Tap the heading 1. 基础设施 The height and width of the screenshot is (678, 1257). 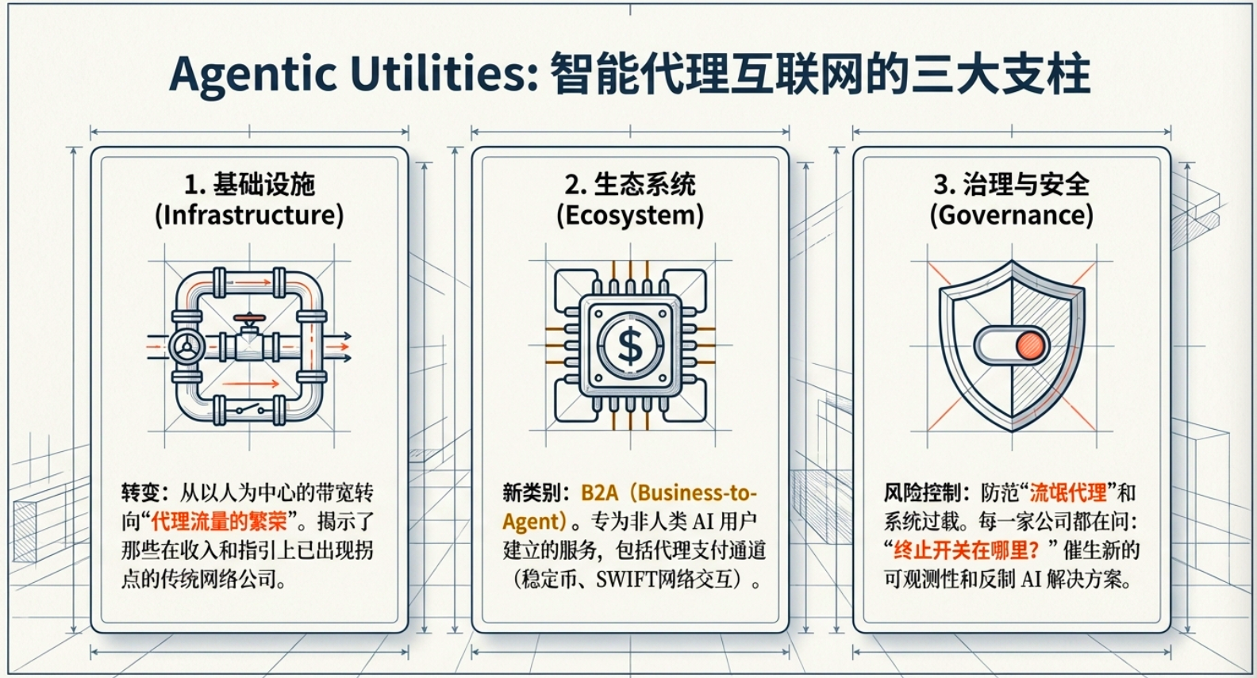(249, 185)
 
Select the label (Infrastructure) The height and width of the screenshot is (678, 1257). (249, 215)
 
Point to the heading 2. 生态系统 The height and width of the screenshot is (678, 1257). (630, 185)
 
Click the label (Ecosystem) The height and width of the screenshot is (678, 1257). (630, 215)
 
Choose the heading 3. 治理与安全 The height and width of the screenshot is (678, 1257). (1011, 185)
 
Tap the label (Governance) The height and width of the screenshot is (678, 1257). (1011, 215)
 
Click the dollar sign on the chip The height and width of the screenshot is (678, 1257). (630, 346)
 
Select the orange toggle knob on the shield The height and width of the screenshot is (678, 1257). (1030, 346)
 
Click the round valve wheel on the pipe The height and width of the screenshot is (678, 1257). (187, 347)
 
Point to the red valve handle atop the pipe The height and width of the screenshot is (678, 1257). (249, 318)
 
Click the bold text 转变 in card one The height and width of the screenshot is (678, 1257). (140, 493)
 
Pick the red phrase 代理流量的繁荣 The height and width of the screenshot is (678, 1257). (219, 522)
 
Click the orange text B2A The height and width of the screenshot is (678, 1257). (599, 493)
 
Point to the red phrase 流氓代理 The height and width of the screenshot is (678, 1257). (1068, 493)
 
